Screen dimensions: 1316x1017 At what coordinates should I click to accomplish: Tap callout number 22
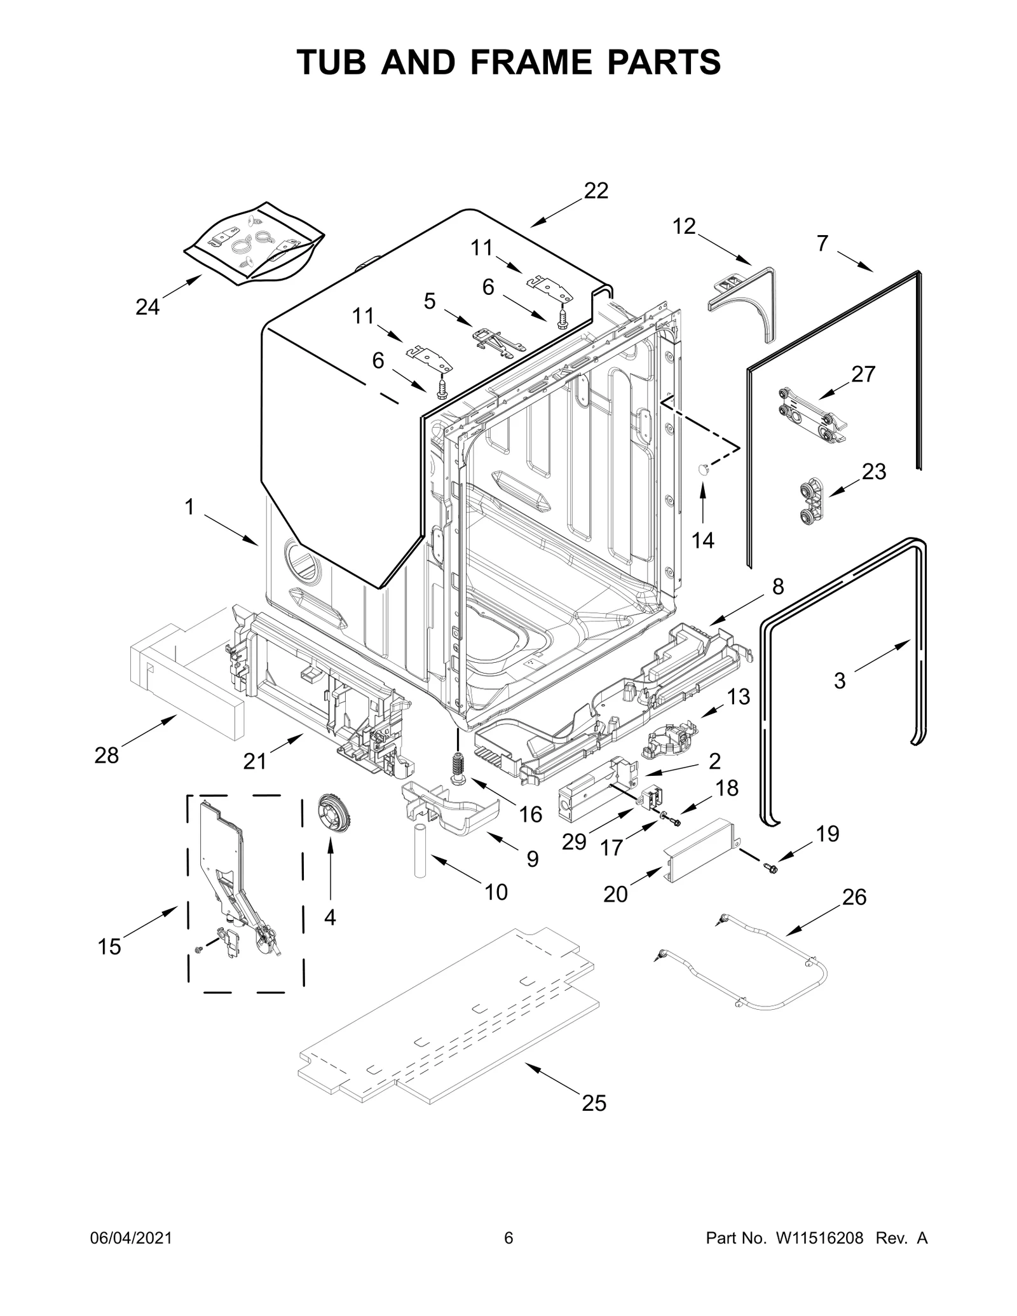point(596,191)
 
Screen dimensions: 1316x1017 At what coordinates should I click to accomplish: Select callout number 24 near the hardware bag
point(147,307)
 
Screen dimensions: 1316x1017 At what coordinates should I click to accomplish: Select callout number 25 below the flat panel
point(594,1103)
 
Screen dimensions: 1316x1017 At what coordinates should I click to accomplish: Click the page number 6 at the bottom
point(508,1256)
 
